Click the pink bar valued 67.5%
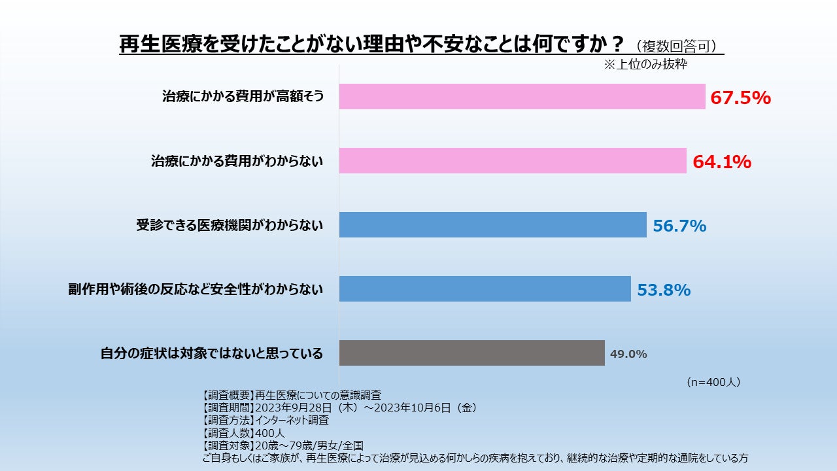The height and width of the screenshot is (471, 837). (522, 97)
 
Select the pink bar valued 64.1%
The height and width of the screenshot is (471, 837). (513, 161)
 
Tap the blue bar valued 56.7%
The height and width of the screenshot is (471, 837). (492, 225)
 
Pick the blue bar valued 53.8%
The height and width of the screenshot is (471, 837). (485, 289)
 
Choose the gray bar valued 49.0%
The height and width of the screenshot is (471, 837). (471, 353)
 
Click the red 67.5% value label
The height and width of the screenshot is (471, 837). (741, 98)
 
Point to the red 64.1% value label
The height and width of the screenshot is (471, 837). (722, 162)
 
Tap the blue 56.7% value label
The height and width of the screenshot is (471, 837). (679, 226)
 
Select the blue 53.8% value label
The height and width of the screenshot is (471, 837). (664, 290)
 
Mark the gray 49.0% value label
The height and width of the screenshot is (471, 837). (628, 355)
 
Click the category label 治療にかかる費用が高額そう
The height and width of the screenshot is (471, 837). (243, 97)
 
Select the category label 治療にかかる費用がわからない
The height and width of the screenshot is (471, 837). (237, 162)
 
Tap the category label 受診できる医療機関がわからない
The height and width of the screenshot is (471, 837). (230, 226)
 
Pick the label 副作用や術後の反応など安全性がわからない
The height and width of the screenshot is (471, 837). (196, 289)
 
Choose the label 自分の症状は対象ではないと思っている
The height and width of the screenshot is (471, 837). (212, 354)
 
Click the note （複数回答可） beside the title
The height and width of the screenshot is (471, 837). (677, 46)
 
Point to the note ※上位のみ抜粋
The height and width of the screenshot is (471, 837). (645, 65)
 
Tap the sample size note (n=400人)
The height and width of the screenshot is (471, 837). (713, 382)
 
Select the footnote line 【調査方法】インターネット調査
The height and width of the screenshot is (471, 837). (266, 420)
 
